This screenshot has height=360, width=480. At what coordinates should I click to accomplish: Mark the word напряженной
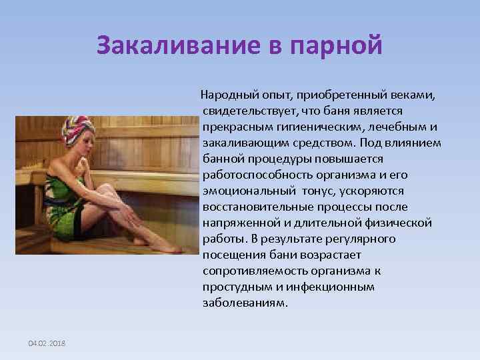pos(237,223)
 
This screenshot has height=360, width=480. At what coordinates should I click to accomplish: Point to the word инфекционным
pos(336,287)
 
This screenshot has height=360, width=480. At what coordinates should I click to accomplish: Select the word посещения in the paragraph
pos(230,255)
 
